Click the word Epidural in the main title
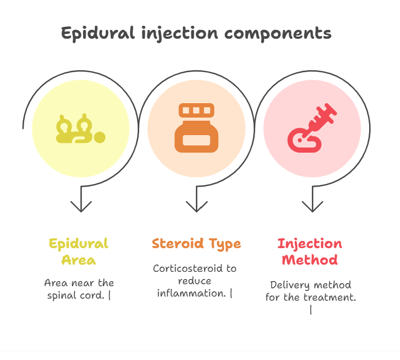tap(98, 34)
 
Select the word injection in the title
tap(180, 34)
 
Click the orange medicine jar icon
tap(196, 128)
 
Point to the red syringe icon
tap(312, 128)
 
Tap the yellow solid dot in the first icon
tap(99, 137)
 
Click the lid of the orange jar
tap(196, 110)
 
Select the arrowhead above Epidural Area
tap(81, 206)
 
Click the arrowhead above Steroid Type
tap(196, 206)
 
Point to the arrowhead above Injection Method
tap(312, 206)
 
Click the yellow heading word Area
tap(78, 260)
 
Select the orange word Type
tap(225, 244)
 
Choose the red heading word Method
tap(310, 260)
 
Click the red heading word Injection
tap(310, 244)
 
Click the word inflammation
tap(192, 293)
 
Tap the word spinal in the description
tap(62, 296)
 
